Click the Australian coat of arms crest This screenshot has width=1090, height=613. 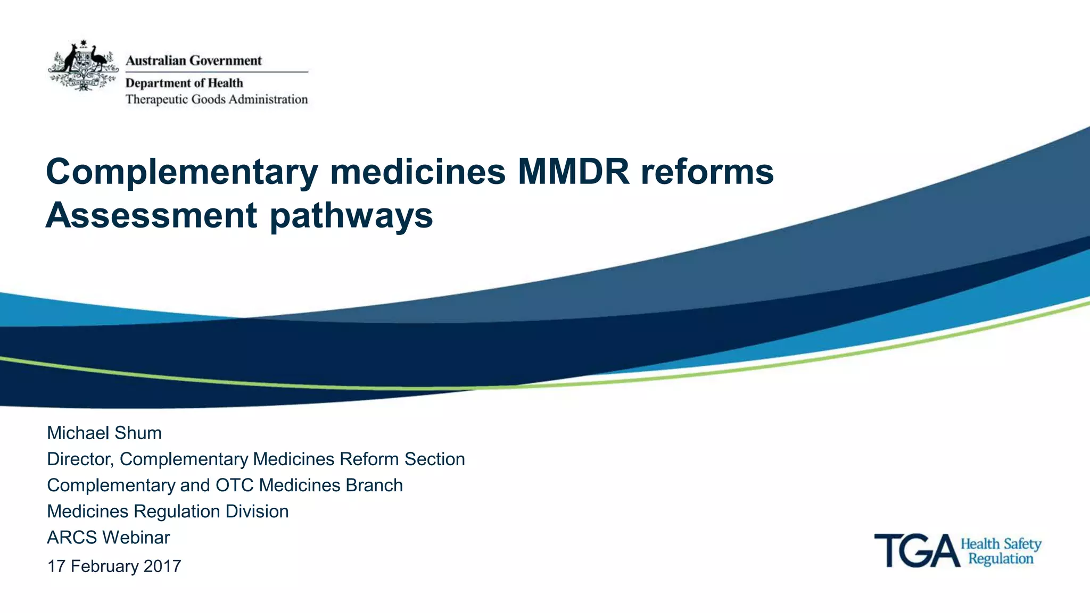pyautogui.click(x=83, y=65)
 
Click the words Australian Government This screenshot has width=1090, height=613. pyautogui.click(x=194, y=61)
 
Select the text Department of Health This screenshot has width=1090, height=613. pyautogui.click(x=184, y=83)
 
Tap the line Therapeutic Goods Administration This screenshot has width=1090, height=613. pyautogui.click(x=217, y=99)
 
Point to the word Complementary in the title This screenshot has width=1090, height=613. pyautogui.click(x=182, y=172)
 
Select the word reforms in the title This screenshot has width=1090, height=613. pyautogui.click(x=707, y=172)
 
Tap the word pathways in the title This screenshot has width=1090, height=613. pyautogui.click(x=352, y=216)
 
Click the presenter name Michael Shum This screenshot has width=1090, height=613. pyautogui.click(x=104, y=433)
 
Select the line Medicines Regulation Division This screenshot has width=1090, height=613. pyautogui.click(x=168, y=511)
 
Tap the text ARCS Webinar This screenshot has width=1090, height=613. pyautogui.click(x=109, y=538)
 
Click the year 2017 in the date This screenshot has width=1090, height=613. pyautogui.click(x=162, y=566)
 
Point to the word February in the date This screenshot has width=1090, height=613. pyautogui.click(x=104, y=566)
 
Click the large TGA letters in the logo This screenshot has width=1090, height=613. pyautogui.click(x=916, y=551)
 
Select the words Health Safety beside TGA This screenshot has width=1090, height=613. pyautogui.click(x=1001, y=544)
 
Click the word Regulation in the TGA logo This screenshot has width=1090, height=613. pyautogui.click(x=1001, y=559)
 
